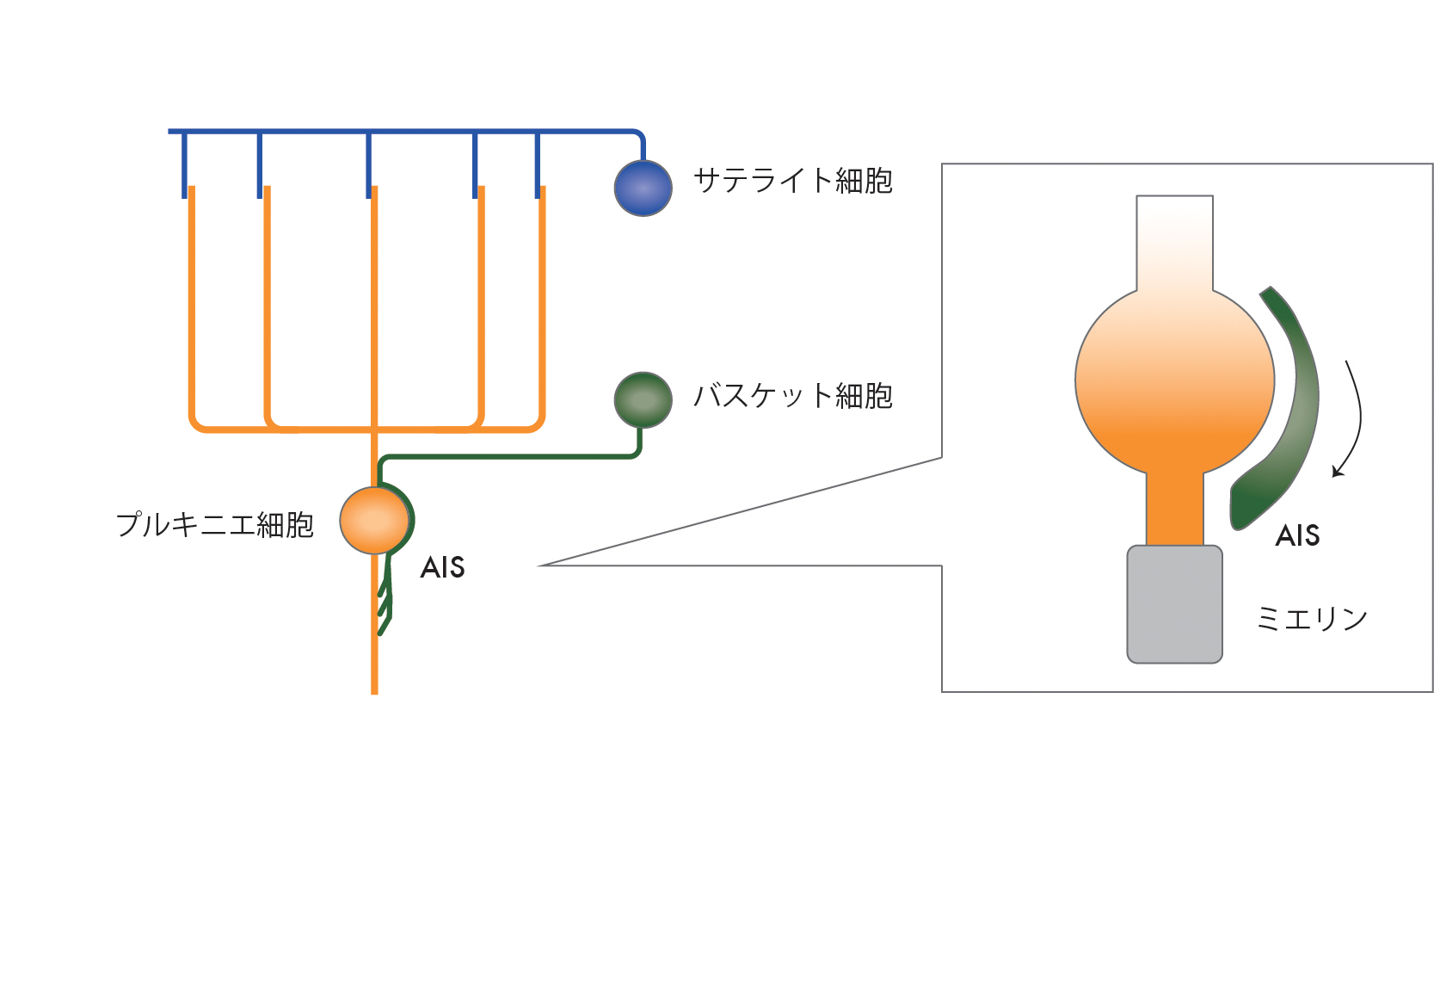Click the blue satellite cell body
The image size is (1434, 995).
click(x=643, y=188)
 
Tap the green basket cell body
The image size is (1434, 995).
click(x=643, y=399)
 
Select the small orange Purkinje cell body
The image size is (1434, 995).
click(x=373, y=520)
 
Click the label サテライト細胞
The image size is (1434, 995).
click(x=792, y=181)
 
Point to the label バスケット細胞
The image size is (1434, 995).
click(x=792, y=396)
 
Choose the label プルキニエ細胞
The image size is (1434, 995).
click(x=214, y=524)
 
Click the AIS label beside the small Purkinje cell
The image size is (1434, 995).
click(x=442, y=568)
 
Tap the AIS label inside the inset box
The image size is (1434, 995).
click(x=1297, y=535)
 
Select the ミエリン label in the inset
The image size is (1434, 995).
click(x=1311, y=618)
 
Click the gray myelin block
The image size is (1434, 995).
click(x=1174, y=604)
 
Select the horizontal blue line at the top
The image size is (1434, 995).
click(x=404, y=132)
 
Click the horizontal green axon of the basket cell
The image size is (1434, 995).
click(x=508, y=456)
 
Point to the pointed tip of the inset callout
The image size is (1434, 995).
click(x=542, y=565)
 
